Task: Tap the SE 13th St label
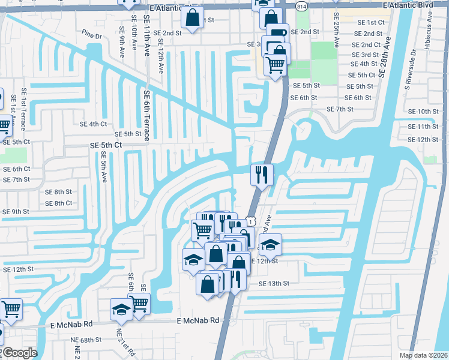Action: (x=274, y=283)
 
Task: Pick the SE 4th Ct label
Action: (x=93, y=124)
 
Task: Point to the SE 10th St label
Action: (x=423, y=112)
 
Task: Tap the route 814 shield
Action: (x=301, y=5)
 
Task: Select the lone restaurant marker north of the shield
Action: (x=262, y=175)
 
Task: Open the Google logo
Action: (x=20, y=353)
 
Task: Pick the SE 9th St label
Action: (x=16, y=212)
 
